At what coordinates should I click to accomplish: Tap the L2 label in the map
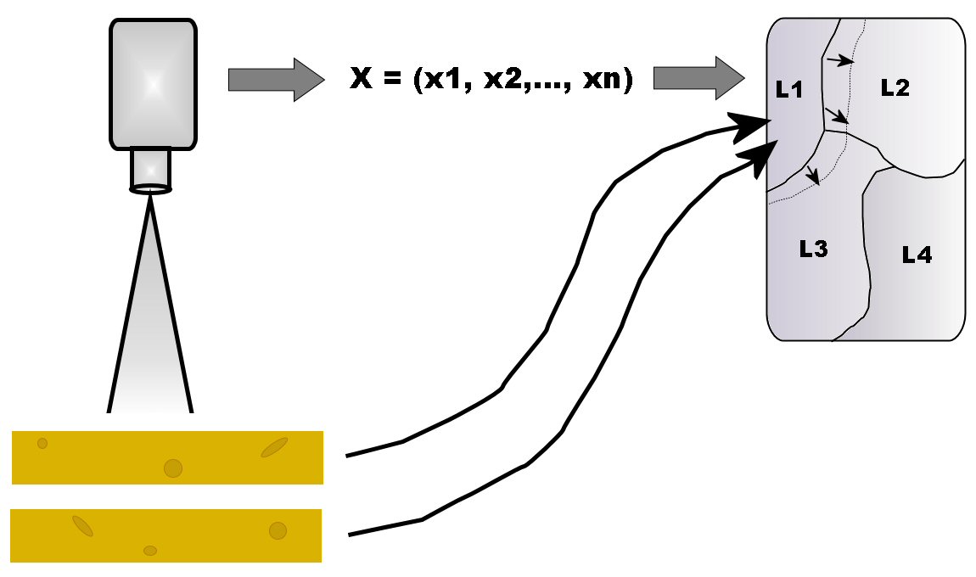click(895, 87)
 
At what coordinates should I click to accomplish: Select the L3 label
click(813, 249)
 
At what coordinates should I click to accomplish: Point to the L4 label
click(917, 255)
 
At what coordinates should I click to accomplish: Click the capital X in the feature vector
click(362, 80)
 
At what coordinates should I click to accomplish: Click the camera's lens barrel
click(150, 168)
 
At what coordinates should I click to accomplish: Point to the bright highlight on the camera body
click(153, 84)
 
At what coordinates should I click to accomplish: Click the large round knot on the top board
click(173, 468)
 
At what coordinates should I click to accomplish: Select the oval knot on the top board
click(274, 447)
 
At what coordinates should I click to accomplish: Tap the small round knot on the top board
click(42, 443)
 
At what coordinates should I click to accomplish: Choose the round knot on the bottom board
click(278, 531)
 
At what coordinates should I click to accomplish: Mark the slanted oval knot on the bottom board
click(82, 526)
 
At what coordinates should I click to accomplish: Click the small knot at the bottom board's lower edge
click(150, 551)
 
